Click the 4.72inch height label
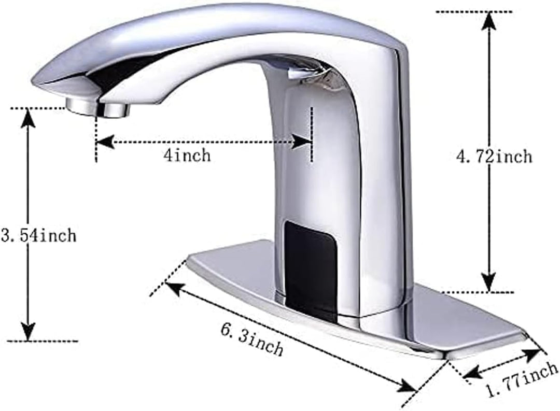pyautogui.click(x=494, y=155)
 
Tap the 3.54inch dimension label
pyautogui.click(x=39, y=236)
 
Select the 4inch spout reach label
pyautogui.click(x=187, y=155)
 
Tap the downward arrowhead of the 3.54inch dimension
pyautogui.click(x=28, y=331)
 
